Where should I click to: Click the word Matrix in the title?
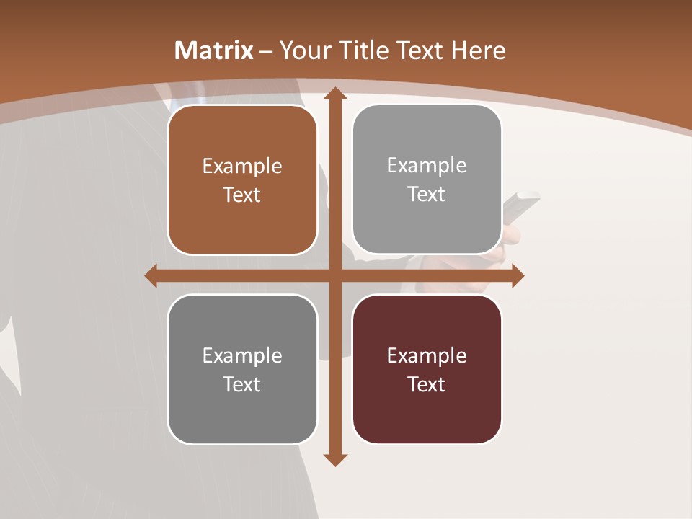pos(214,50)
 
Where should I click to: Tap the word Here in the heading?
pos(478,50)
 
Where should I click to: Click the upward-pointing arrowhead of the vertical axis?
pos(335,94)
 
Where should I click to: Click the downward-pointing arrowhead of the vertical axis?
pos(335,460)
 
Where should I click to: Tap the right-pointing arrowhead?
pos(518,275)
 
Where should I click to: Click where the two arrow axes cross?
pos(335,275)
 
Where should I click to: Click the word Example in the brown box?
pos(242,167)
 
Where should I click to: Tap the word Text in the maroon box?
pos(427,384)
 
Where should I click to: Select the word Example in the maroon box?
pos(427,355)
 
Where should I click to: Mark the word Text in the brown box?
pos(242,195)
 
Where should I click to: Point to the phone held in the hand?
pos(520,209)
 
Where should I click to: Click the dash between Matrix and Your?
pos(266,51)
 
